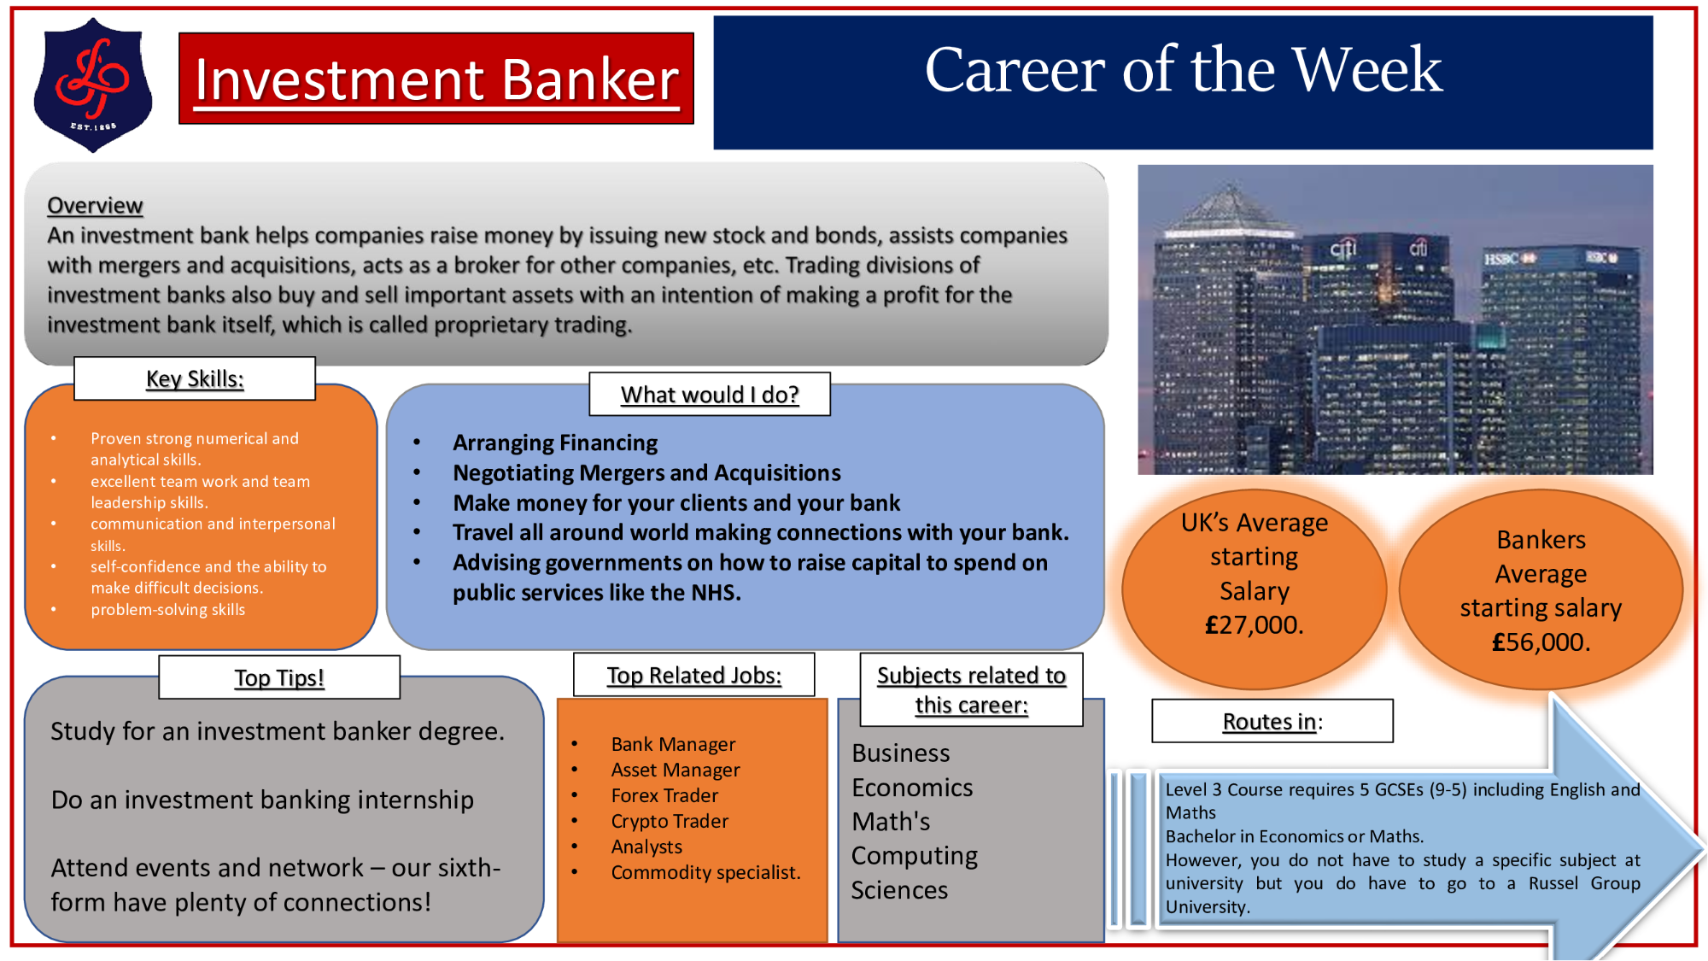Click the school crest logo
[93, 85]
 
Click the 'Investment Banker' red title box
[436, 79]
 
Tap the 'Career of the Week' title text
[1184, 70]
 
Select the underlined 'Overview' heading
[95, 206]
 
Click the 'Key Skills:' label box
[195, 378]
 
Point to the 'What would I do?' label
[710, 395]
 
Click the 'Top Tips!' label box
[279, 677]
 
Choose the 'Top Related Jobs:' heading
[694, 676]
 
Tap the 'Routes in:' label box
[1272, 722]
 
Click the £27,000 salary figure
[1255, 625]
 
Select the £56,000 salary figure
[1541, 642]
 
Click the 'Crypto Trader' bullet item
[670, 822]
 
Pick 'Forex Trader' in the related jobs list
[664, 796]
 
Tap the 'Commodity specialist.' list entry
[705, 873]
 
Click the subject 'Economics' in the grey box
[912, 788]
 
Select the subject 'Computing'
[915, 856]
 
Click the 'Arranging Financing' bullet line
[555, 443]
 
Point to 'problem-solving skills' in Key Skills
[168, 610]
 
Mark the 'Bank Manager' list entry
[673, 745]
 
